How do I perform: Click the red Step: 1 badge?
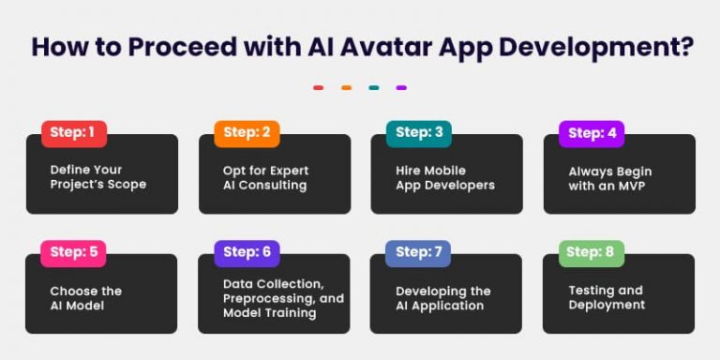[73, 133]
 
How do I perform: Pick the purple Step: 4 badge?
[592, 133]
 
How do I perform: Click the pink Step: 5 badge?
[73, 252]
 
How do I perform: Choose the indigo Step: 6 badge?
[247, 252]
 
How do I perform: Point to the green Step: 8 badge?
[592, 252]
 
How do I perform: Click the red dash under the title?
[318, 88]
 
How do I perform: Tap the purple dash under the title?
[401, 88]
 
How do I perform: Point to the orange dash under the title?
[346, 88]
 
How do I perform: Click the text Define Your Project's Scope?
[97, 177]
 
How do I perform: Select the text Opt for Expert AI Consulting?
[265, 177]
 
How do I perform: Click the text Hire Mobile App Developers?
[444, 177]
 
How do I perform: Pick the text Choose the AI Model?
[86, 297]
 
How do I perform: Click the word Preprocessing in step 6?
[265, 298]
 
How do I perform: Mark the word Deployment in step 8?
[607, 305]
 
